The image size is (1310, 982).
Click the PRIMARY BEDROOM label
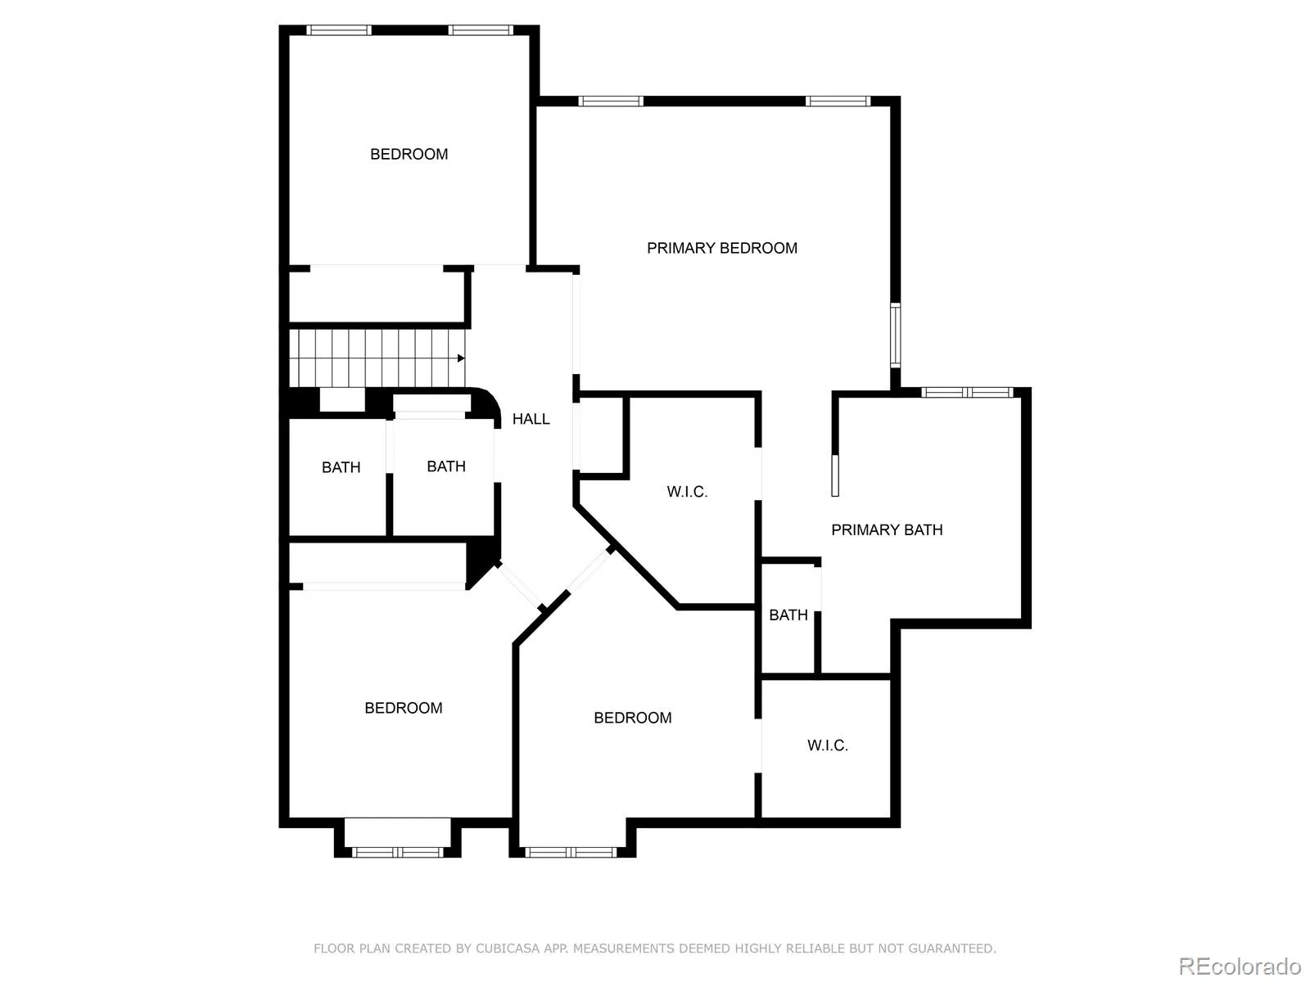click(x=721, y=248)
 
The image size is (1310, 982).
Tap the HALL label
click(x=531, y=419)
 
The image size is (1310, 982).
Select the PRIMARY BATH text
click(x=887, y=530)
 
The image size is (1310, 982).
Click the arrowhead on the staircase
click(x=461, y=358)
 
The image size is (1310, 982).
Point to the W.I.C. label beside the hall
click(x=687, y=492)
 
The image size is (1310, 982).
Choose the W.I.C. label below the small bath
click(x=827, y=746)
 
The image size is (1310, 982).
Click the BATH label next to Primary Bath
click(x=788, y=615)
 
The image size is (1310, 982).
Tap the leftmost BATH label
click(x=341, y=468)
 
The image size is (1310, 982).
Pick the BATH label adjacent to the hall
click(x=445, y=466)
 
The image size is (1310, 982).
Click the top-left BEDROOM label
click(x=409, y=155)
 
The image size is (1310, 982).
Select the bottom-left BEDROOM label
click(x=403, y=709)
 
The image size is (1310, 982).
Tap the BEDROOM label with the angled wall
click(x=632, y=718)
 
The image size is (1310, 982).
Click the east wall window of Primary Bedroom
click(x=896, y=335)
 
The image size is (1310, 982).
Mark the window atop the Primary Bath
click(x=967, y=393)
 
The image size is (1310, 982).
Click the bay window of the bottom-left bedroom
click(x=397, y=852)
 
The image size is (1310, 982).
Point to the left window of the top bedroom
click(x=339, y=30)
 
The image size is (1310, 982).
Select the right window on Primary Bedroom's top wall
click(x=837, y=101)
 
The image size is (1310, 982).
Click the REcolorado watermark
click(x=1240, y=966)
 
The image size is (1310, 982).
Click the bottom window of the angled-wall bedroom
click(x=571, y=852)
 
